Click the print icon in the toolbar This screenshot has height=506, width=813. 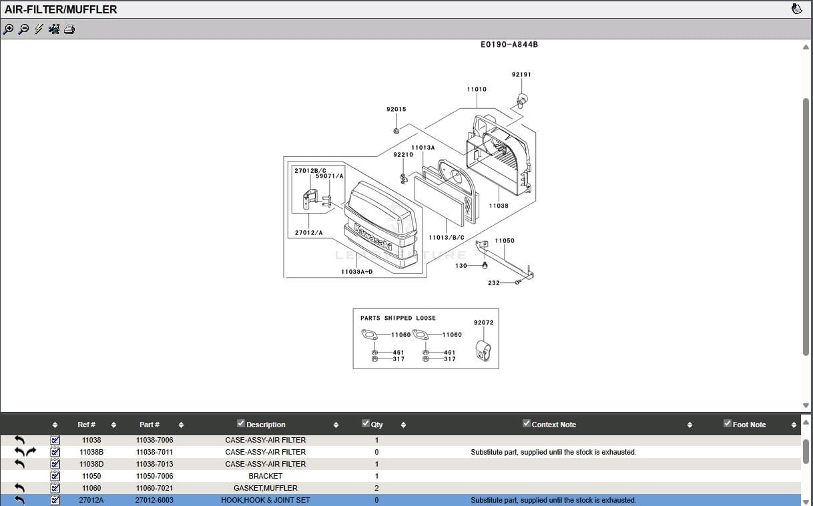click(69, 29)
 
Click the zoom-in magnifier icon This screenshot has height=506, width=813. click(8, 29)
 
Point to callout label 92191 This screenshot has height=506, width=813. click(521, 75)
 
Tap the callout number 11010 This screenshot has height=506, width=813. click(477, 89)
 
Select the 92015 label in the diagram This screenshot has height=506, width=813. click(396, 109)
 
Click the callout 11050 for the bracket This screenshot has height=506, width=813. click(505, 241)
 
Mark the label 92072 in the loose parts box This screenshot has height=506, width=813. click(483, 323)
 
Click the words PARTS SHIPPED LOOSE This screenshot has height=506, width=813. click(398, 318)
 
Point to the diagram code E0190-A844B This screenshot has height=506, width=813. click(509, 45)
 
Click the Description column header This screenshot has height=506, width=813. click(266, 425)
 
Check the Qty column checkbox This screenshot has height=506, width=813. click(365, 423)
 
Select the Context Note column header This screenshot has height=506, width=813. click(553, 425)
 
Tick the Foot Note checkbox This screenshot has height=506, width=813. click(728, 423)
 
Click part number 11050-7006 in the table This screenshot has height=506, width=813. click(154, 476)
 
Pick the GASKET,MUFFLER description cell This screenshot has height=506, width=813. click(265, 488)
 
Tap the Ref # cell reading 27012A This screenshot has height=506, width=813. click(91, 500)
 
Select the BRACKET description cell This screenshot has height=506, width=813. click(265, 476)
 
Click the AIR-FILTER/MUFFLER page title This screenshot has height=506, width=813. click(61, 9)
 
